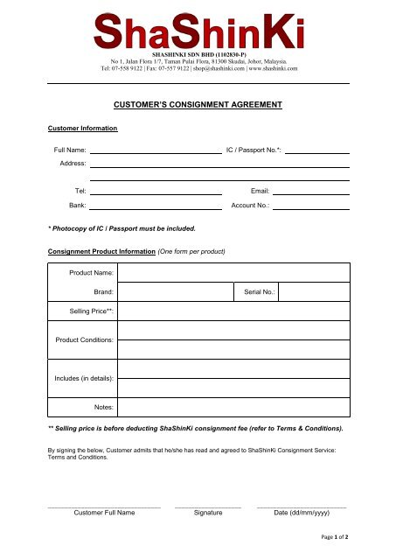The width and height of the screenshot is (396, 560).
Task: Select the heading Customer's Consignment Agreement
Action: click(x=198, y=103)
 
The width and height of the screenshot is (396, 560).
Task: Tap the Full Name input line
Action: click(x=156, y=150)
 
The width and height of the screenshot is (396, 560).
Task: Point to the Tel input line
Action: click(x=156, y=191)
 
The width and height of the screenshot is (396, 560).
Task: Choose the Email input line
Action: click(x=310, y=191)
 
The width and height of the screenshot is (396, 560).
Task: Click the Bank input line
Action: click(x=156, y=206)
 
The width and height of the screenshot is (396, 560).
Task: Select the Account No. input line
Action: click(x=310, y=206)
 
